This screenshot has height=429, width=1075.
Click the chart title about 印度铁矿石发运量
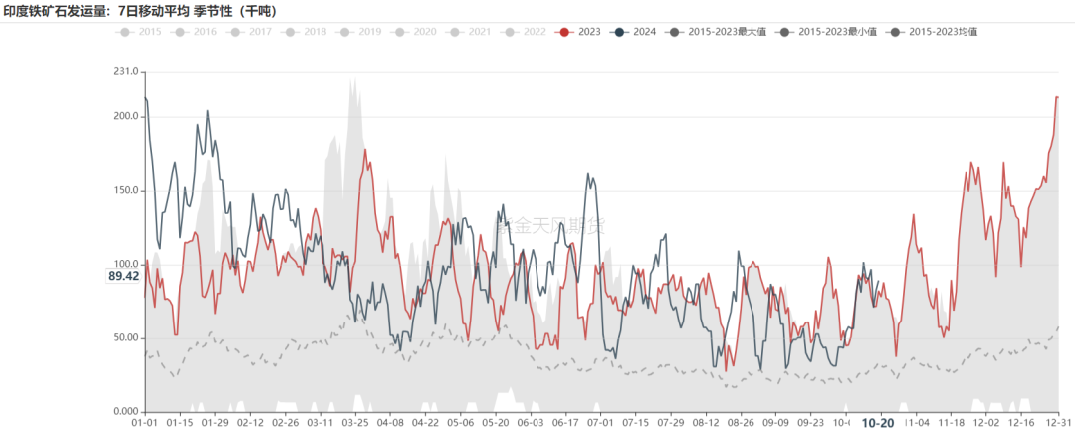coord(140,11)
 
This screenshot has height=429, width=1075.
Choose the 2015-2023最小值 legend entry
coord(830,32)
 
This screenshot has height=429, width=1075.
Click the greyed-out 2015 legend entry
coord(141,32)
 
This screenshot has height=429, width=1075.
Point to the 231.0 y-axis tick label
coord(125,72)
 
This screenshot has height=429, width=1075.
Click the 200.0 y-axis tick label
coord(125,116)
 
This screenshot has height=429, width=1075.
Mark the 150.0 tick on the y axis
coord(125,190)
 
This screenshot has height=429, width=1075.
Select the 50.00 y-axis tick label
coord(125,338)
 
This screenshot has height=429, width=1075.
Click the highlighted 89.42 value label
coord(123,276)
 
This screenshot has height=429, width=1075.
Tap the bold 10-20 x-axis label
coord(877,422)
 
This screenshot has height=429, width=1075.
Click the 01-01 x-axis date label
coord(145,422)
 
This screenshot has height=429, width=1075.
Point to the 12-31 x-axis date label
coord(1059,422)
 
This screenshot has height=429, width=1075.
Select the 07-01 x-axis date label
coord(601,422)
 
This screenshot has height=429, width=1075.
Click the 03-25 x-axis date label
coord(355,422)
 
